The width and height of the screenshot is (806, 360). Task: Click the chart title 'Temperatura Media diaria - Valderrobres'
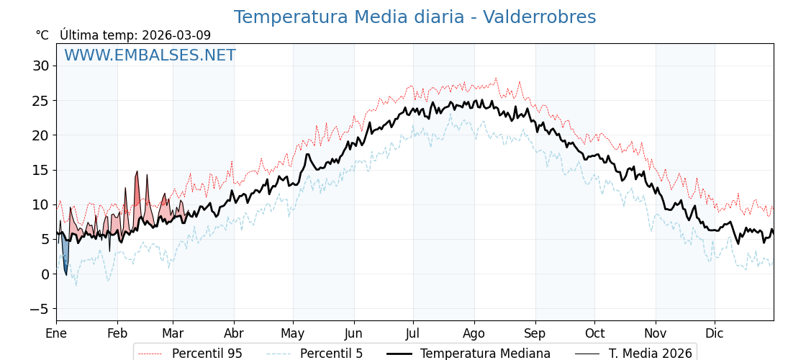(415, 17)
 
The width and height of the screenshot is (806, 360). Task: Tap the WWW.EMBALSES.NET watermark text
(150, 55)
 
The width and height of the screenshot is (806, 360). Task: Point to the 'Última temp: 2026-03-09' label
(135, 35)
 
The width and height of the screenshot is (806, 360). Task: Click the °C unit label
(42, 35)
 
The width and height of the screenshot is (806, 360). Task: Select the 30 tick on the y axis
(40, 66)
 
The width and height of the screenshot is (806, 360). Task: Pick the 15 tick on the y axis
(40, 170)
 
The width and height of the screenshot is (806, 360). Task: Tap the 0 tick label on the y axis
(45, 274)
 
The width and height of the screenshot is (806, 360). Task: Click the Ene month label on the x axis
(56, 333)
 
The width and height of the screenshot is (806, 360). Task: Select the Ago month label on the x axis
(474, 333)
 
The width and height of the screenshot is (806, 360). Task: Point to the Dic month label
(715, 333)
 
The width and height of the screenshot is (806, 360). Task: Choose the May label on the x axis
(293, 333)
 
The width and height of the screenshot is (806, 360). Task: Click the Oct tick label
(594, 333)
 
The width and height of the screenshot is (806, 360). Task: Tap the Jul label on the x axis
(413, 333)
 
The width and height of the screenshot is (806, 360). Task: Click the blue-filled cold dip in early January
(65, 256)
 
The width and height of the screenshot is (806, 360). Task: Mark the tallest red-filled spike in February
(137, 194)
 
